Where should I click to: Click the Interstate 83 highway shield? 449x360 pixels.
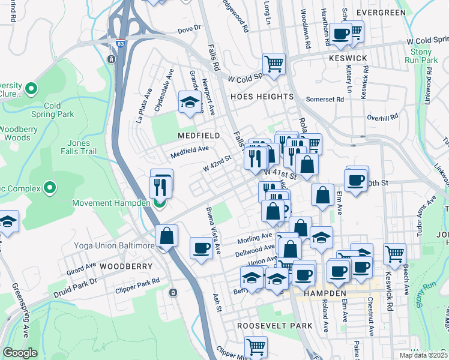tap(121, 43)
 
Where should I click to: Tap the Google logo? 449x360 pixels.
tap(20, 352)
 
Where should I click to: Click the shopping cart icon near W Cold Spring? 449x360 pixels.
tap(274, 64)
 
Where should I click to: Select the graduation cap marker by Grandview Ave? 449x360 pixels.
tap(190, 101)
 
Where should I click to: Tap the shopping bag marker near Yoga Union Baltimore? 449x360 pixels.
tap(166, 236)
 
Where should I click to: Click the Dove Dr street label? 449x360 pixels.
tap(188, 29)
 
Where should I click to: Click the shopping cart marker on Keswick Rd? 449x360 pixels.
tap(394, 254)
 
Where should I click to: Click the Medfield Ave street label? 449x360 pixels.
tap(189, 152)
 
